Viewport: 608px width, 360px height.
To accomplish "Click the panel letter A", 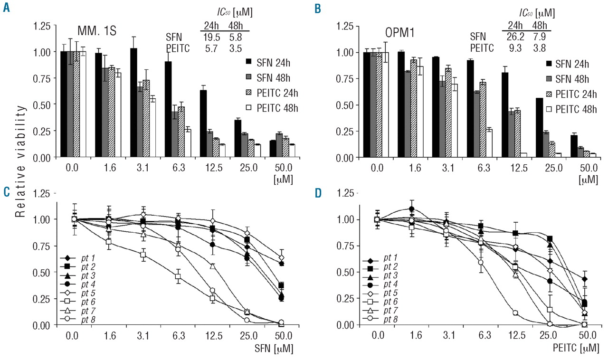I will click(x=6, y=8).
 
